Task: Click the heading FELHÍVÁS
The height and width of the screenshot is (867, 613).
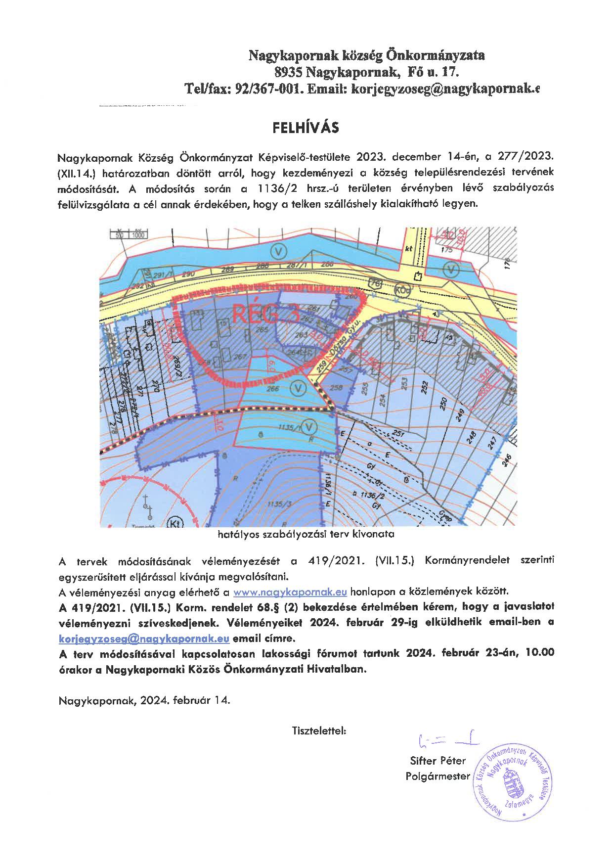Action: click(306, 128)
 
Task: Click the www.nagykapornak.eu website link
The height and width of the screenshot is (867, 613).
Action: click(290, 592)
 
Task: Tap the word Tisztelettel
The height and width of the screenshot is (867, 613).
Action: click(319, 730)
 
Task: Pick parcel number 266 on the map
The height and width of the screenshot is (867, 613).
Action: click(273, 389)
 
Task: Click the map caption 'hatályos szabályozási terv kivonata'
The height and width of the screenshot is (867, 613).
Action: click(306, 534)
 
